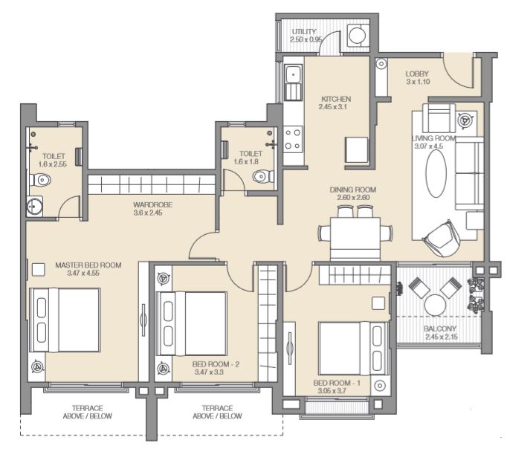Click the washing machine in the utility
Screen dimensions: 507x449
point(358,35)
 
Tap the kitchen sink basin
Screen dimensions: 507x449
point(293,74)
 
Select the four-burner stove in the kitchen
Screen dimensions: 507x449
point(293,140)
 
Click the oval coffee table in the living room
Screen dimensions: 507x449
point(436,173)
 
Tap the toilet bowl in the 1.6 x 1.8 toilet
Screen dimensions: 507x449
point(262,177)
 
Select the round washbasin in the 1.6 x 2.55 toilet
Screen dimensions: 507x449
point(35,206)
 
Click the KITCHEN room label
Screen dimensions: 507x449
point(336,99)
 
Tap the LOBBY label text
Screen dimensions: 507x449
point(417,74)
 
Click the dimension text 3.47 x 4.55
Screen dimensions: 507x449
point(83,273)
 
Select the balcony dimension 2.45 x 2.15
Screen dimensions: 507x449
point(442,337)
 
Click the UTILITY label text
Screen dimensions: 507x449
point(303,32)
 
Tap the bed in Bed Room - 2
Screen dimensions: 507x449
point(191,323)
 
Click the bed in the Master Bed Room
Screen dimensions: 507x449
point(65,320)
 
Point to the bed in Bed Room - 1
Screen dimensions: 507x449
point(354,348)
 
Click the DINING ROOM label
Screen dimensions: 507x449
point(353,190)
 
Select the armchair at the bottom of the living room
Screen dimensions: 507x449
point(441,239)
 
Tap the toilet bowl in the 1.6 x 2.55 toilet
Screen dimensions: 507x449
point(41,180)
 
